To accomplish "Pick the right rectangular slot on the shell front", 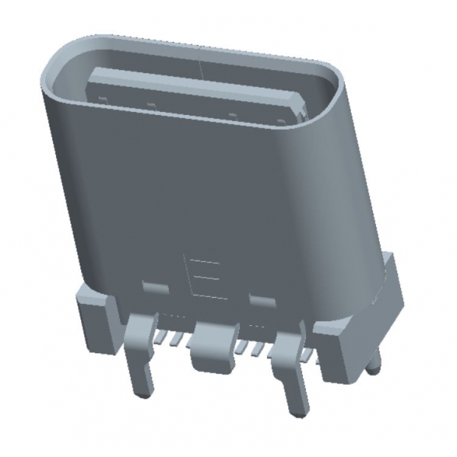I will tap(261, 299).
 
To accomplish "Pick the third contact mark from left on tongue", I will tap(231, 114).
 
